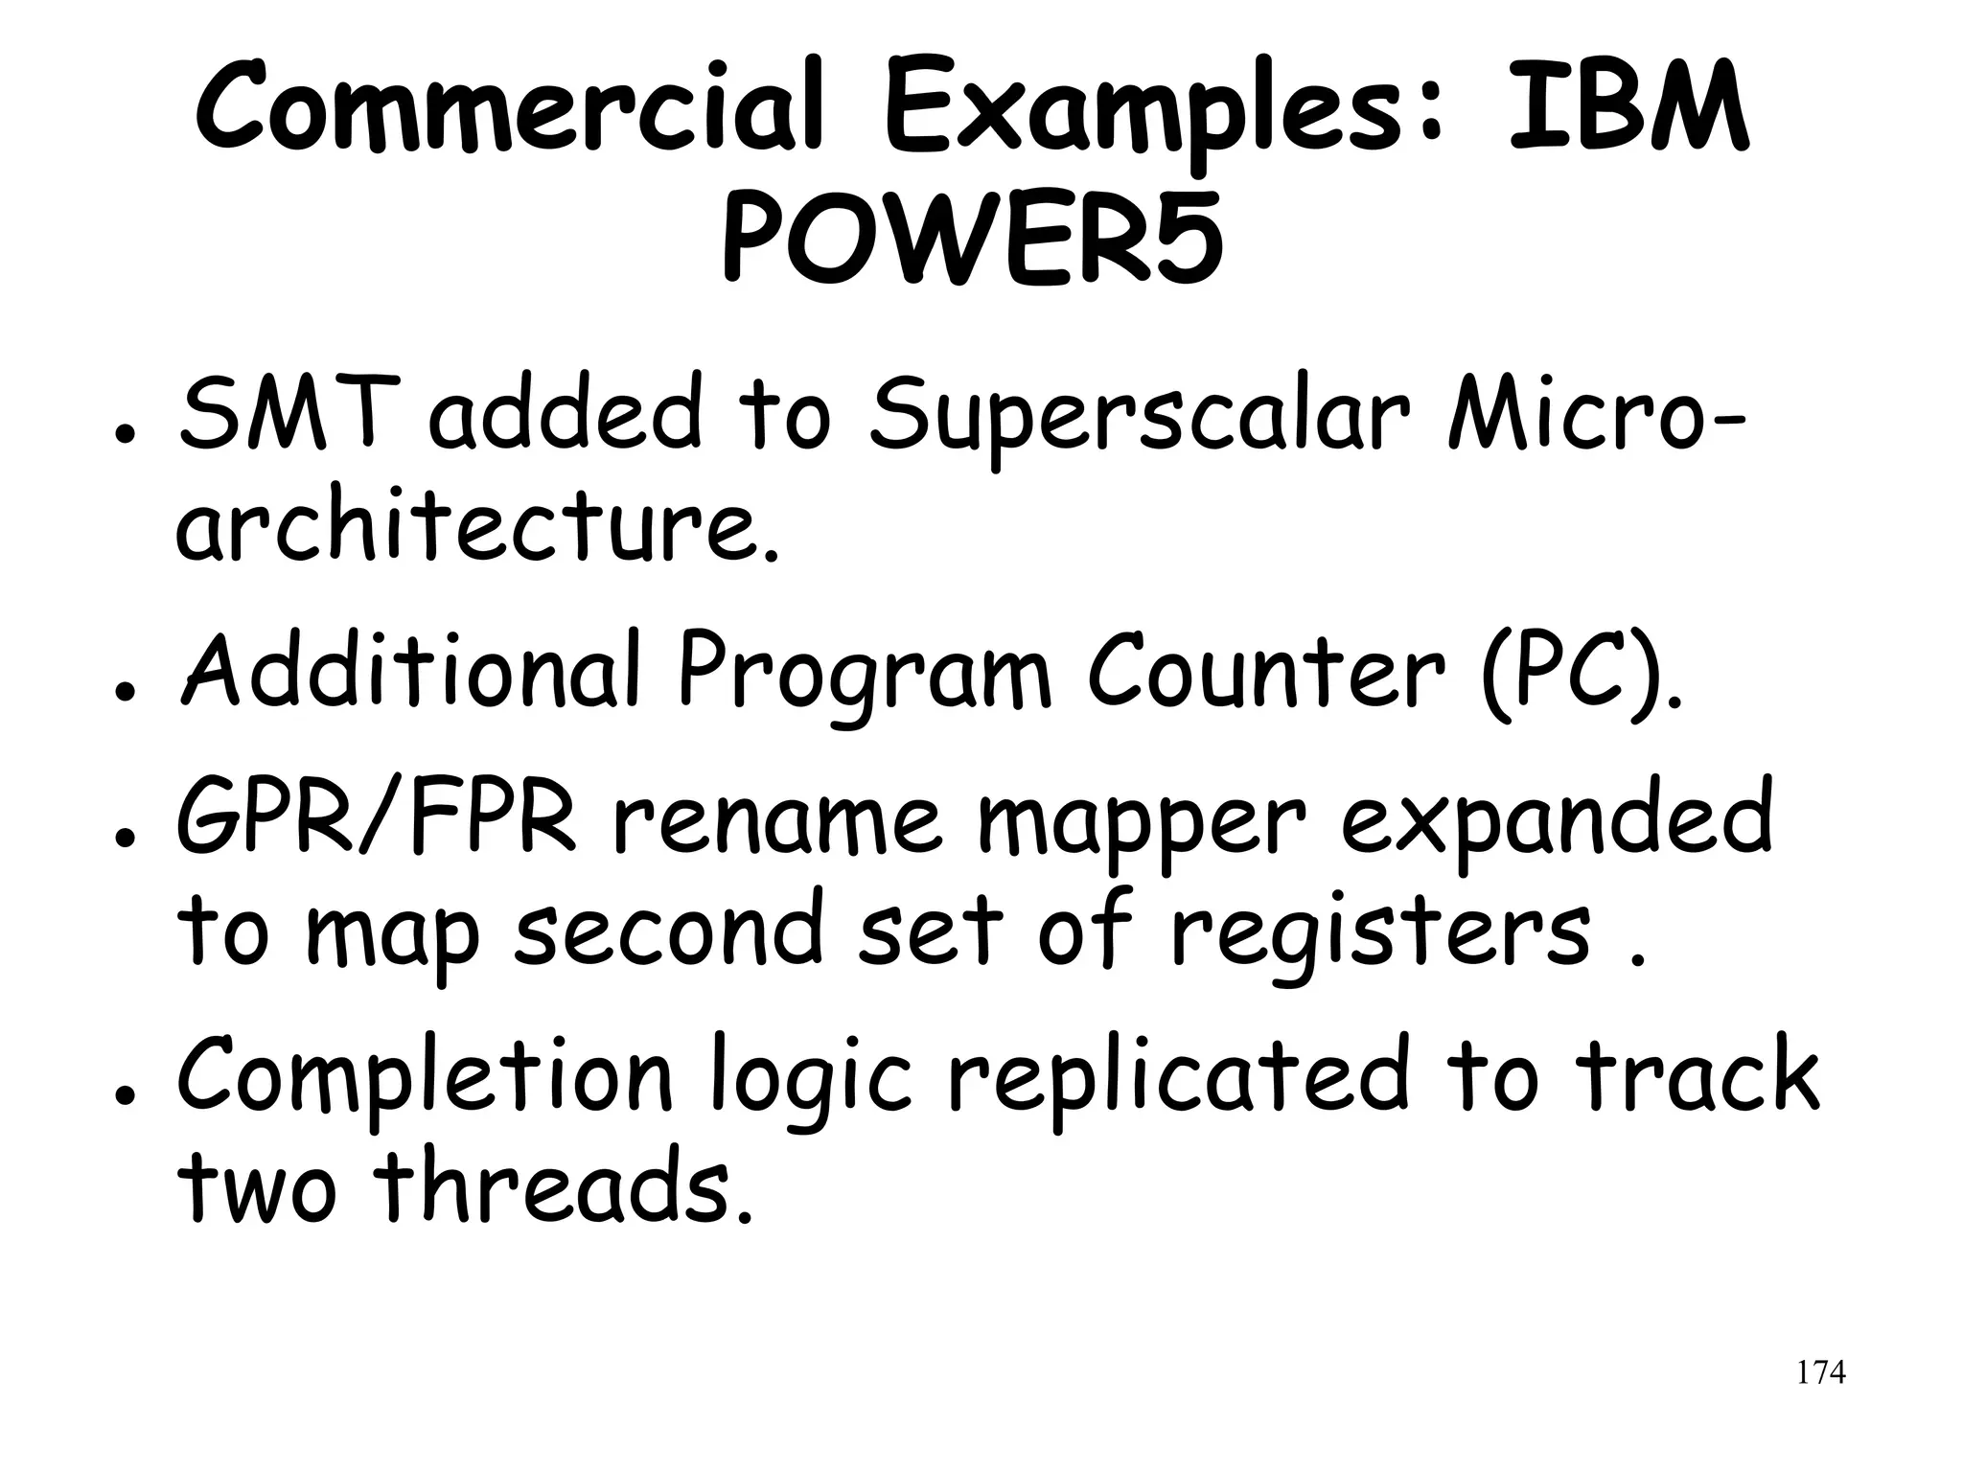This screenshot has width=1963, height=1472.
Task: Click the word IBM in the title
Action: click(1628, 108)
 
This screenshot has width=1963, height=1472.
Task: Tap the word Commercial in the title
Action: click(509, 108)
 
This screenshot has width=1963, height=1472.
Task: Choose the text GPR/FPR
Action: click(377, 819)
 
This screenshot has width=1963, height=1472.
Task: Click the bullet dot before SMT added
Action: click(122, 432)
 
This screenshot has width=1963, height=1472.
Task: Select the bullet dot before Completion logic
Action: click(122, 1093)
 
